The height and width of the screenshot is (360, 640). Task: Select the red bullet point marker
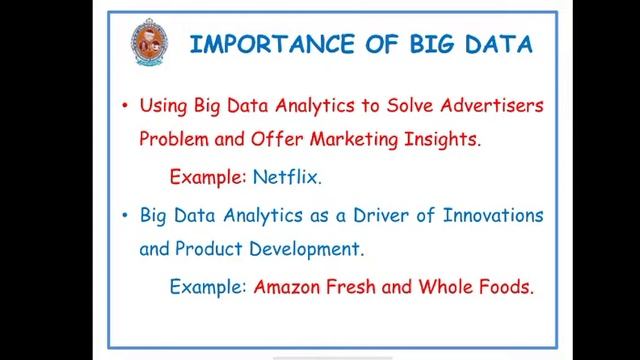[x=124, y=104]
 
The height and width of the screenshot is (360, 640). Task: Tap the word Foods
[x=505, y=287]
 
